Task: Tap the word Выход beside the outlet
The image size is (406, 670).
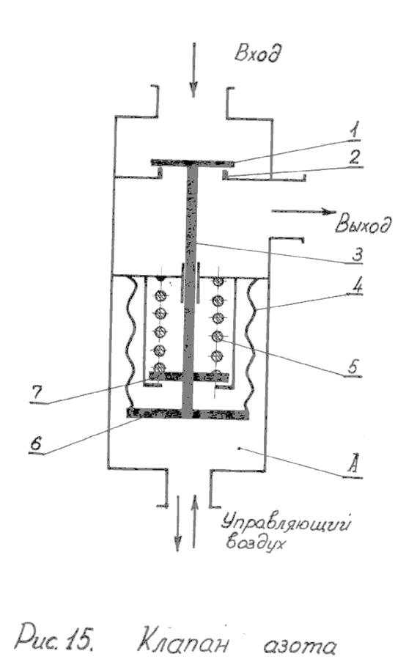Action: (363, 223)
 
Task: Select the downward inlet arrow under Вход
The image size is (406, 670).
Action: (193, 70)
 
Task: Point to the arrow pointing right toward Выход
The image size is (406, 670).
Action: (304, 211)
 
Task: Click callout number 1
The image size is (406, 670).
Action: (353, 130)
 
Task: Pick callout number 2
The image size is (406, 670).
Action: (354, 157)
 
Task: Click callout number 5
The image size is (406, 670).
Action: (353, 367)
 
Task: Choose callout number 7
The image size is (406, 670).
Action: (37, 393)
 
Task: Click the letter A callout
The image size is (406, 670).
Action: (353, 465)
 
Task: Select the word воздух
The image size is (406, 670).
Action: (256, 542)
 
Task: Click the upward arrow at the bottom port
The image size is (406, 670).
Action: (194, 521)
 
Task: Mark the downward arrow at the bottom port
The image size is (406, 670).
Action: (177, 523)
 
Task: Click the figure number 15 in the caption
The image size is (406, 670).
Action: (79, 640)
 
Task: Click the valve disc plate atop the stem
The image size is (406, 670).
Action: (192, 163)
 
